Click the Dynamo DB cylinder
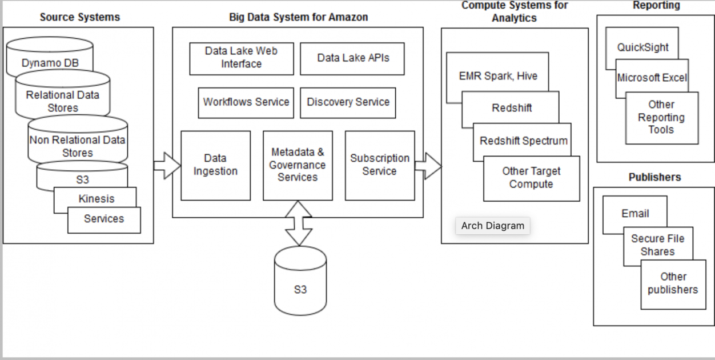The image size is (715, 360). pos(50,62)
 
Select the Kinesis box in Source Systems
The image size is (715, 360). pos(96,198)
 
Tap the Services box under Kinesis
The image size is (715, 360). pos(104,219)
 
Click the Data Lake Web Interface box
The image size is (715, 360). pos(242,58)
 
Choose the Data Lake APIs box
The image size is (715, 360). pos(353,58)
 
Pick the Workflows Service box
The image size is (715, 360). pos(246,102)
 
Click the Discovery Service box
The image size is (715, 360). pos(348,102)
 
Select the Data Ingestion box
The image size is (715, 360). pos(215,165)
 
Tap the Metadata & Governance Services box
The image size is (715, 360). pos(298,165)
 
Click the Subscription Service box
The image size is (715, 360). pos(380,165)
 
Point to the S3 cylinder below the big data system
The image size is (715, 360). pos(300,289)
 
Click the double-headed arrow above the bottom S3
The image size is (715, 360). pos(299,223)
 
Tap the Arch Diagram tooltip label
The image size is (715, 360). pos(492,226)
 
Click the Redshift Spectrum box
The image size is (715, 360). pos(523,141)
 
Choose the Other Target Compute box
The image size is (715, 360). pos(531,178)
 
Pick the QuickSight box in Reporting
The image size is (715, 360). pos(642,47)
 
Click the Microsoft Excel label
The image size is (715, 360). pos(652,78)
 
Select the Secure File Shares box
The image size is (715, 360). pos(657,245)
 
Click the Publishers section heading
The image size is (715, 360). pos(654,177)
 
